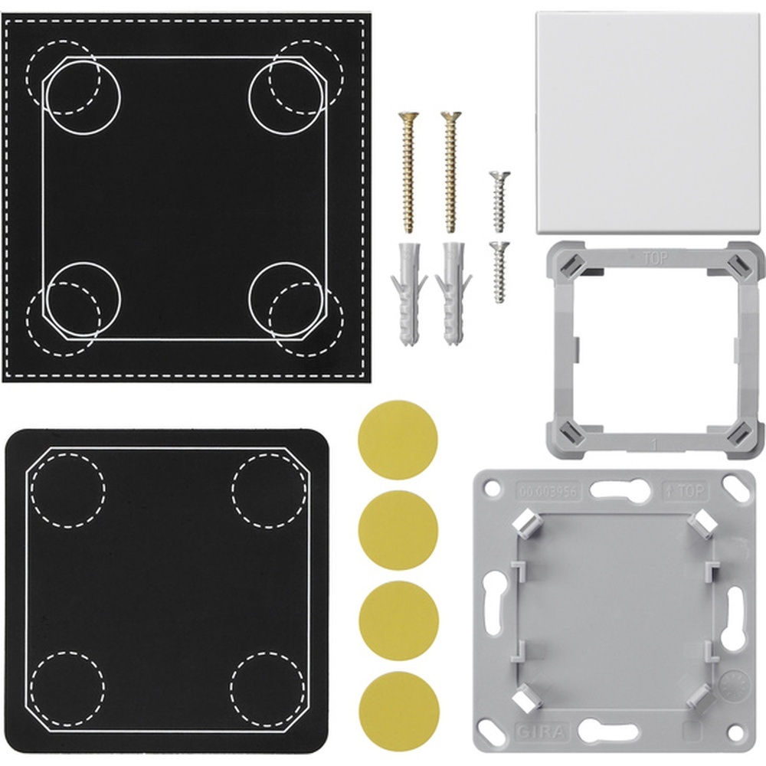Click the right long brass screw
(451, 172)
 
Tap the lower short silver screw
(499, 272)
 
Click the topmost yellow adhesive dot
(398, 440)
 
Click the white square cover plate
(647, 123)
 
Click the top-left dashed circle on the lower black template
(67, 489)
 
